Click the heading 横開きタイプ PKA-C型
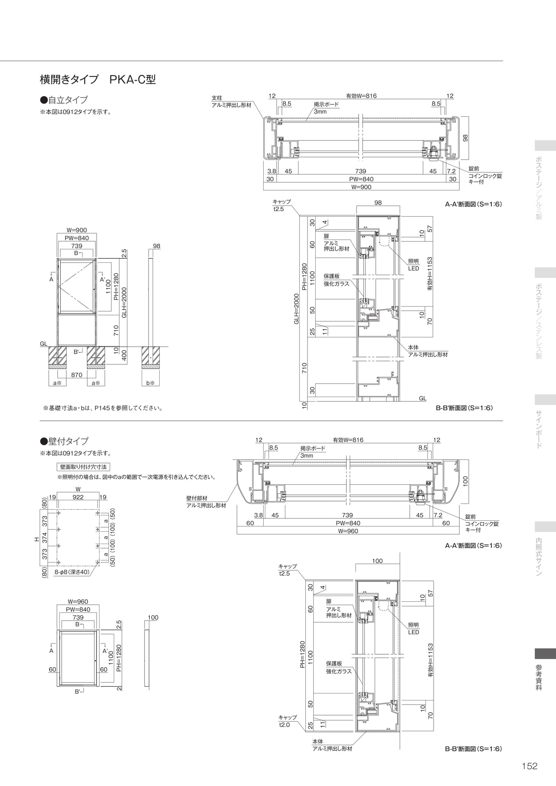98,79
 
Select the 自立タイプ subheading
64,100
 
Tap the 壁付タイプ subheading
64,441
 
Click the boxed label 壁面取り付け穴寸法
84,467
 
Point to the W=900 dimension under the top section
361,187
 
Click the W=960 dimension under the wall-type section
348,531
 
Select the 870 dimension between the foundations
77,375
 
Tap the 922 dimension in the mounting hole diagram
78,497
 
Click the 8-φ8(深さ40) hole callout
72,572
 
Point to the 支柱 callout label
217,98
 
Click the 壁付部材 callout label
197,498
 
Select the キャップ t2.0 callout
287,721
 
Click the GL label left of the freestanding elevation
43,344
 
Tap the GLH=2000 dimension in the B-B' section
296,309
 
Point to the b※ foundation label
150,383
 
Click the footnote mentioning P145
103,408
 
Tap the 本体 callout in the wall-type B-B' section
318,741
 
